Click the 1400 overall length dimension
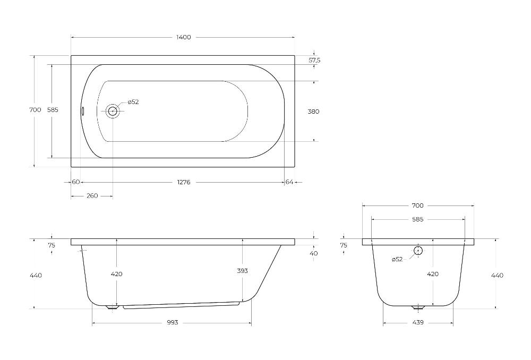tap(184, 37)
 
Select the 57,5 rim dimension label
tap(314, 61)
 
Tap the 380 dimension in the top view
tap(313, 112)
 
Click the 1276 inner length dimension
tap(184, 182)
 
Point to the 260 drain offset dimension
tap(92, 196)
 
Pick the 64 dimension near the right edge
tap(289, 182)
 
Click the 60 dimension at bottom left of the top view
tap(76, 182)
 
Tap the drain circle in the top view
tap(113, 111)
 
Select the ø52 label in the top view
tap(133, 102)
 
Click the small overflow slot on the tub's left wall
tap(82, 111)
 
